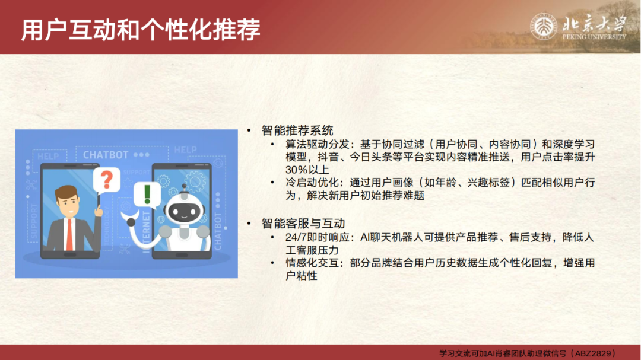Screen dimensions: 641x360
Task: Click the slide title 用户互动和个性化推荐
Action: click(x=141, y=30)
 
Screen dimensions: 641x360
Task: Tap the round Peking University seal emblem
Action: click(x=543, y=27)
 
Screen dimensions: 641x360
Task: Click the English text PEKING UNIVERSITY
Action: click(x=594, y=37)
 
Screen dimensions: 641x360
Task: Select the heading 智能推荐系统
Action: click(x=297, y=130)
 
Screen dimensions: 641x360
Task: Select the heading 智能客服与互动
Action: click(x=303, y=224)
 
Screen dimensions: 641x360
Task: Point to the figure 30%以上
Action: click(x=307, y=170)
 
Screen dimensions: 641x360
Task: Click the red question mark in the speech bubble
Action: click(x=107, y=180)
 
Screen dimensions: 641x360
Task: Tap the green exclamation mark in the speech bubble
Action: click(x=147, y=194)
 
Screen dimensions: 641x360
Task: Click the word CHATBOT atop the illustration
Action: click(x=106, y=155)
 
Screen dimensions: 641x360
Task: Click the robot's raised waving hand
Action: click(x=130, y=220)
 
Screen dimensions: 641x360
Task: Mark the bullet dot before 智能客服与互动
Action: click(x=249, y=224)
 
